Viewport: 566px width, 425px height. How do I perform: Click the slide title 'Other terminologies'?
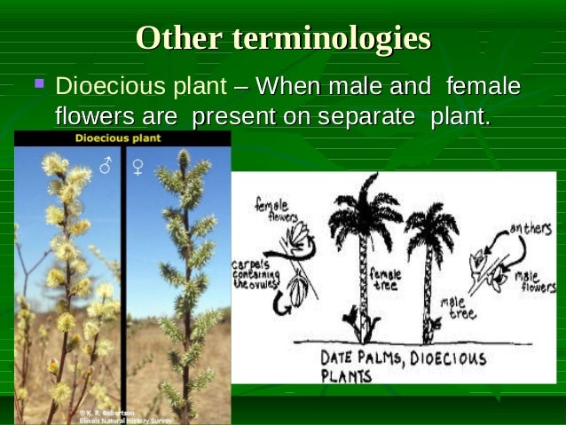[283, 38]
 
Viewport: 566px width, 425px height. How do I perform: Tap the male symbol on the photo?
[106, 165]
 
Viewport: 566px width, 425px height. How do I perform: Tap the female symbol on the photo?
[138, 165]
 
